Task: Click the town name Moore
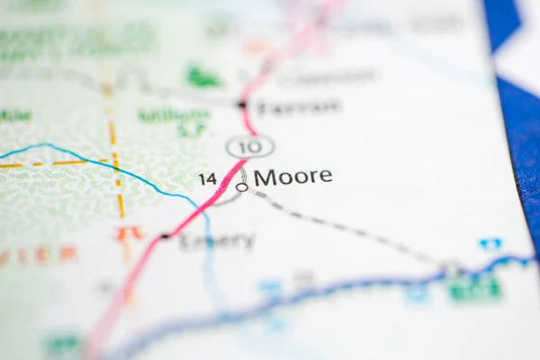[292, 176]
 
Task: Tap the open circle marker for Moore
[241, 187]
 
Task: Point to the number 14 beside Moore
[208, 178]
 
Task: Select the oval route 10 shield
[250, 146]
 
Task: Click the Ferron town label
[299, 107]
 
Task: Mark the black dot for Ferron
[241, 105]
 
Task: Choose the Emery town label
[217, 241]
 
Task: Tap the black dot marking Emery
[164, 237]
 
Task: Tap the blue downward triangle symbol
[490, 244]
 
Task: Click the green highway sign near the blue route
[474, 287]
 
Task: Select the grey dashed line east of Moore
[351, 229]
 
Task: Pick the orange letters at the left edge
[36, 256]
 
